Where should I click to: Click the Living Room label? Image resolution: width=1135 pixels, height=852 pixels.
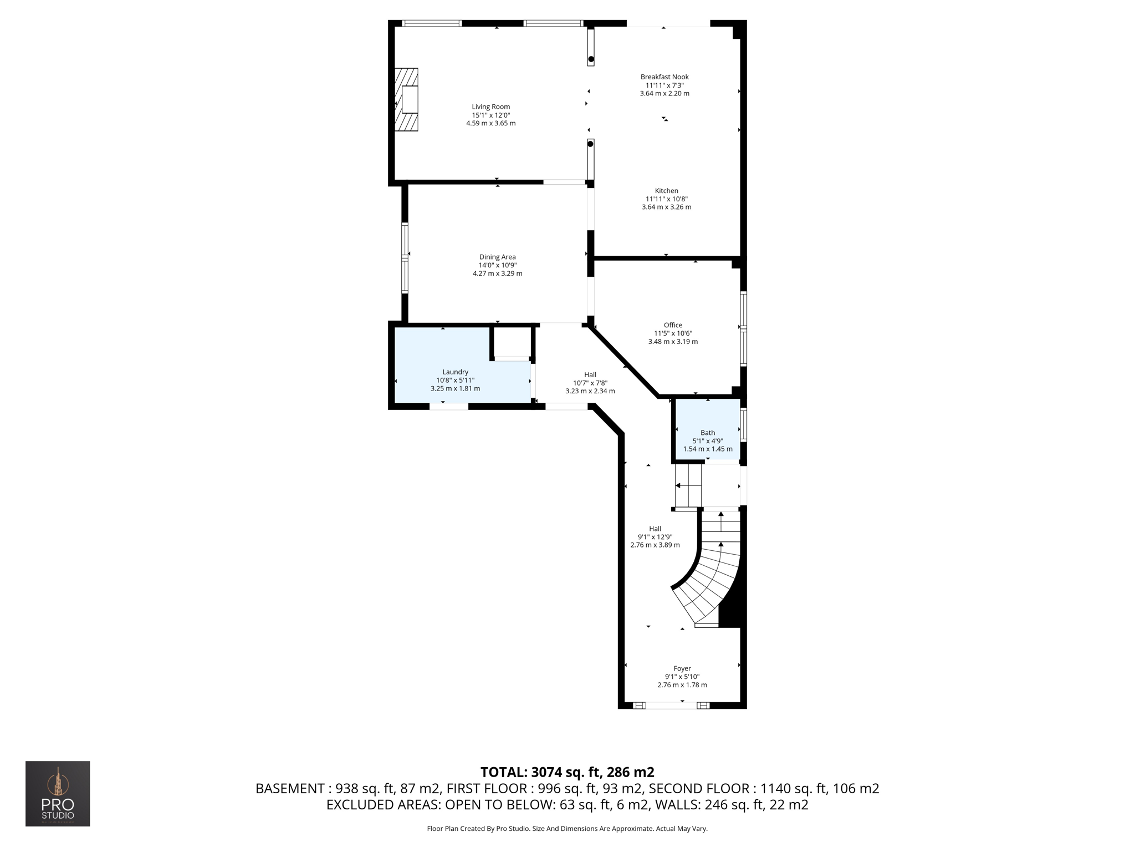pyautogui.click(x=490, y=107)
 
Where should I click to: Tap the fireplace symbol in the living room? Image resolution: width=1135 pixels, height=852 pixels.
pyautogui.click(x=407, y=100)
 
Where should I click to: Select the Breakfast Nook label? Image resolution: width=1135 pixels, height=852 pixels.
pyautogui.click(x=664, y=77)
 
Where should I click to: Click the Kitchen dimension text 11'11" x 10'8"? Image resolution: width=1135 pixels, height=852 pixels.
pyautogui.click(x=666, y=199)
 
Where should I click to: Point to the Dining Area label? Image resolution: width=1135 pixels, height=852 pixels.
pyautogui.click(x=497, y=257)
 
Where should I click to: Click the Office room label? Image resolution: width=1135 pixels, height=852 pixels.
pyautogui.click(x=673, y=326)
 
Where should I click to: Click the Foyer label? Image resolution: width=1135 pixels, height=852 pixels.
pyautogui.click(x=682, y=669)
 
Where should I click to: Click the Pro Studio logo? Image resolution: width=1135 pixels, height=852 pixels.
pyautogui.click(x=58, y=793)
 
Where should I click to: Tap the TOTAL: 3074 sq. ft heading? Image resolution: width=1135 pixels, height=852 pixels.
pyautogui.click(x=567, y=772)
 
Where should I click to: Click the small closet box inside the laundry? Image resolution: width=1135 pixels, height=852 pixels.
pyautogui.click(x=512, y=342)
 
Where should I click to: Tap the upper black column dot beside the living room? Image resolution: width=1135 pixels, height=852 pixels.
pyautogui.click(x=591, y=59)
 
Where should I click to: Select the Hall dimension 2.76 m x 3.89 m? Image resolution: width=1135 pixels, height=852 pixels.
pyautogui.click(x=655, y=545)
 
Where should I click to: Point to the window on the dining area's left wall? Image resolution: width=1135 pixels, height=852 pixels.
pyautogui.click(x=405, y=257)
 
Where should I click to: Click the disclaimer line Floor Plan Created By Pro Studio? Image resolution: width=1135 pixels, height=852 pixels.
pyautogui.click(x=567, y=829)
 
